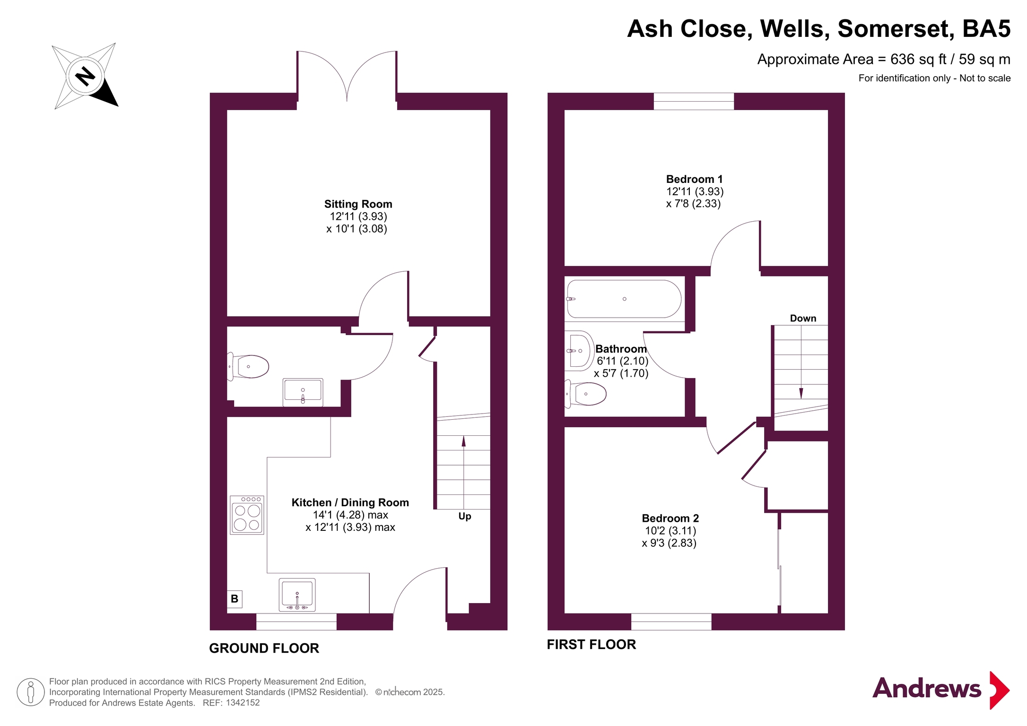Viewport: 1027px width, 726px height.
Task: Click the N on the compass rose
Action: pos(85,76)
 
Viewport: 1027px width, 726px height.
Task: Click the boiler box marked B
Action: pos(235,599)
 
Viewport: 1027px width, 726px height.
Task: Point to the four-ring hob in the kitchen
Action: pos(247,515)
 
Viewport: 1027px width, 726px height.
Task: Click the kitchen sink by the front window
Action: pos(297,595)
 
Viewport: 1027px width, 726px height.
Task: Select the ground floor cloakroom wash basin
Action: pos(303,392)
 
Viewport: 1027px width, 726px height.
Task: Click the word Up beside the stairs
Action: pos(465,516)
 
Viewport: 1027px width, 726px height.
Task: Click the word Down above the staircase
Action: pos(803,318)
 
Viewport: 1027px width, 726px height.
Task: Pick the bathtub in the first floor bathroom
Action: pos(624,299)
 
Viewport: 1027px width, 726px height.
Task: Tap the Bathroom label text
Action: pos(621,349)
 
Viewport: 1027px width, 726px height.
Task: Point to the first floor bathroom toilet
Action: pos(586,394)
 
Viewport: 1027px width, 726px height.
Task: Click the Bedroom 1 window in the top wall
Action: pos(694,101)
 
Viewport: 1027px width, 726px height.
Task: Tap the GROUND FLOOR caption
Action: pos(264,648)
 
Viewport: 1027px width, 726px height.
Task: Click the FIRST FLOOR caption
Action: pos(591,644)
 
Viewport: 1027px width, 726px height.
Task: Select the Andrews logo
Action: pos(940,690)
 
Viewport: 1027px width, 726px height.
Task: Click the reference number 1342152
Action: pos(243,703)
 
